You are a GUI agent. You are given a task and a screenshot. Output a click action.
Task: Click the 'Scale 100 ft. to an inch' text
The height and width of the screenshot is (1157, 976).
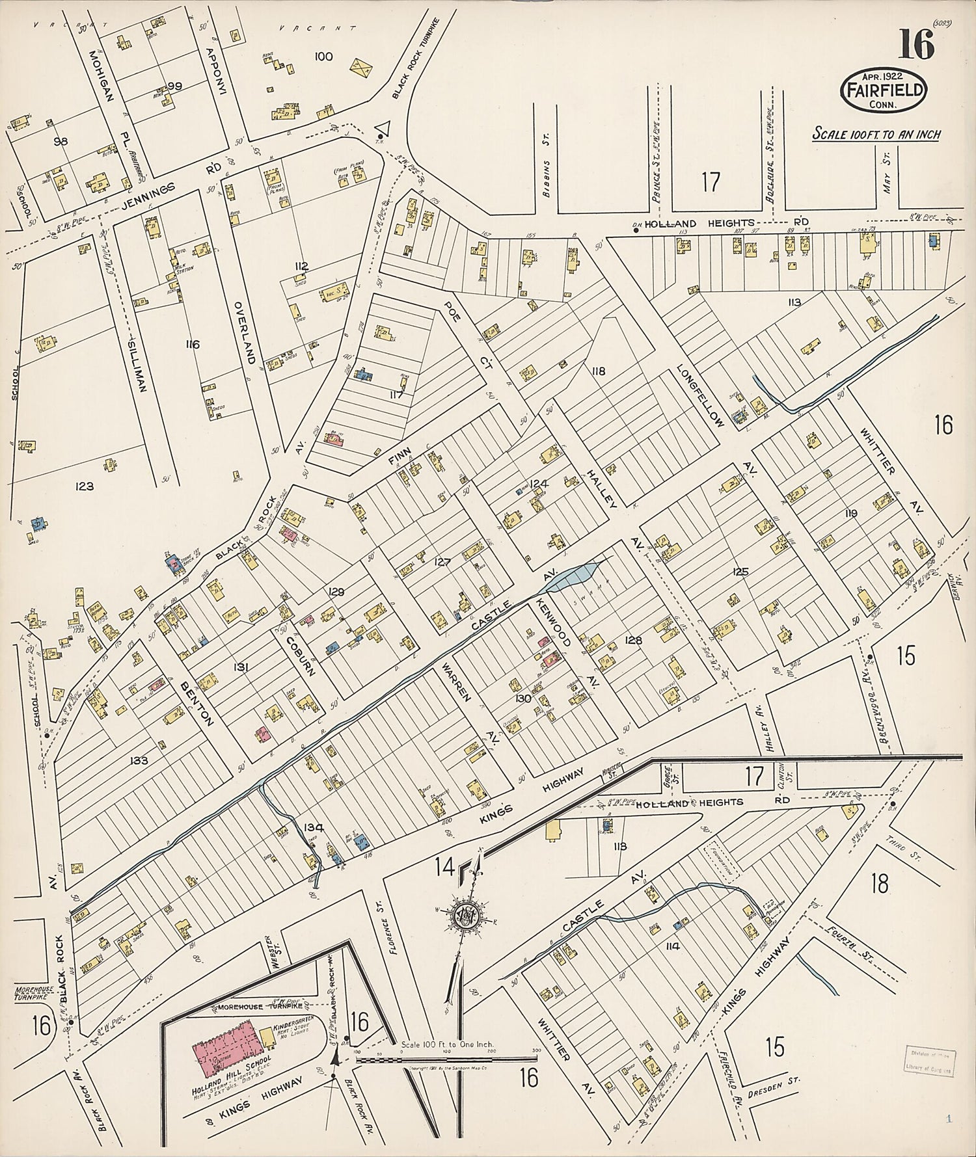click(x=876, y=135)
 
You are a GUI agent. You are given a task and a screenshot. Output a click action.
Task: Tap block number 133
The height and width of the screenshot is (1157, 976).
click(x=139, y=760)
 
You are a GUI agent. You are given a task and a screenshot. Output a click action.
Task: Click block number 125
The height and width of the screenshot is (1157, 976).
click(x=740, y=572)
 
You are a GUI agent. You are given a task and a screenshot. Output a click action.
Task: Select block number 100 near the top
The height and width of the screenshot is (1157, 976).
click(x=323, y=57)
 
